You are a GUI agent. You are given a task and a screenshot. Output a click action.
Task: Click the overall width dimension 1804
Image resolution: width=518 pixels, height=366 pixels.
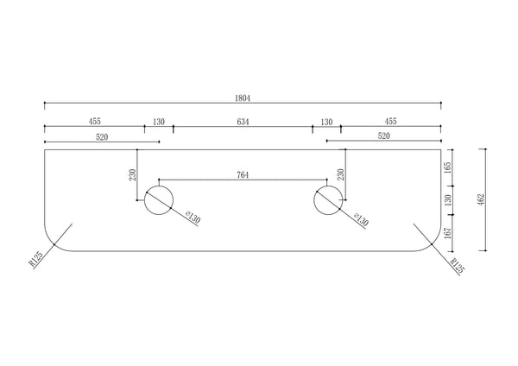pyautogui.click(x=243, y=98)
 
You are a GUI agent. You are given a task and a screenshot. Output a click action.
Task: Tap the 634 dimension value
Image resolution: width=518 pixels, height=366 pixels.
pyautogui.click(x=243, y=122)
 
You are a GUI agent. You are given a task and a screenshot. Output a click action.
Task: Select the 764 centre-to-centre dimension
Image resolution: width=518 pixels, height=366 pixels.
pyautogui.click(x=243, y=175)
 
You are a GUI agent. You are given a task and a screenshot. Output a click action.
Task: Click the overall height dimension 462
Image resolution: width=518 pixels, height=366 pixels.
pyautogui.click(x=481, y=199)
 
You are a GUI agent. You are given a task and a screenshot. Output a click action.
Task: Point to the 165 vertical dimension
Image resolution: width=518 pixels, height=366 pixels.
pyautogui.click(x=447, y=167)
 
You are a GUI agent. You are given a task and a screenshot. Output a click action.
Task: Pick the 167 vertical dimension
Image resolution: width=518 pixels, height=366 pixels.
pyautogui.click(x=447, y=233)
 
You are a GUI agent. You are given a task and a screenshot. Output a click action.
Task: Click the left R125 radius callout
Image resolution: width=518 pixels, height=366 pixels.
pyautogui.click(x=35, y=259)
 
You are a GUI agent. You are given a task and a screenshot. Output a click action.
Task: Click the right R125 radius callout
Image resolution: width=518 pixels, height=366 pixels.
pyautogui.click(x=458, y=266)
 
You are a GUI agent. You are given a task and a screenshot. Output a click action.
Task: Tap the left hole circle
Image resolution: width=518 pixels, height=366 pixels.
pyautogui.click(x=144, y=200)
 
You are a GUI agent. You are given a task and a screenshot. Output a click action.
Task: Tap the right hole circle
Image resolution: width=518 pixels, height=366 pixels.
pyautogui.click(x=313, y=200)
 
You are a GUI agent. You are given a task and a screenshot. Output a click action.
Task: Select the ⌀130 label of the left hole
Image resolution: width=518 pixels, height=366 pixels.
pyautogui.click(x=193, y=218)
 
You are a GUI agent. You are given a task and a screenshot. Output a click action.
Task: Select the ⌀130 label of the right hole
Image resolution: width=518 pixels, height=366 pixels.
pyautogui.click(x=361, y=219)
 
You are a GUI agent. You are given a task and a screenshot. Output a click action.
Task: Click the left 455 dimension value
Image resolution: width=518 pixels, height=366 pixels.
pyautogui.click(x=94, y=122)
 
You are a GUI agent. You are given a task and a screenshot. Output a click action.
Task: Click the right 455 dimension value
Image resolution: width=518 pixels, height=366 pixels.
pyautogui.click(x=390, y=122)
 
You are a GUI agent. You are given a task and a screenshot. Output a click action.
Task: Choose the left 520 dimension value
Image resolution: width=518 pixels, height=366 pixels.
pyautogui.click(x=102, y=137)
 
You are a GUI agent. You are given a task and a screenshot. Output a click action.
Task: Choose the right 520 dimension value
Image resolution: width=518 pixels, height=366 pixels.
pyautogui.click(x=384, y=136)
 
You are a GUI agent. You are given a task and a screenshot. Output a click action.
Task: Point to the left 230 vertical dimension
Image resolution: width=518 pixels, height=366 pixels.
pyautogui.click(x=132, y=174)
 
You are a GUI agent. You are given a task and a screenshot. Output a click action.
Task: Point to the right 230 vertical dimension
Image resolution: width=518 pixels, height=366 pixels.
pyautogui.click(x=341, y=174)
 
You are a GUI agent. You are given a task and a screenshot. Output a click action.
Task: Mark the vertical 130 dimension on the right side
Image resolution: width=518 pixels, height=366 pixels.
pyautogui.click(x=447, y=200)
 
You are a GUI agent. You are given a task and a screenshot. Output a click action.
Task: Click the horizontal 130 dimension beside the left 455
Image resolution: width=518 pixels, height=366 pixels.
pyautogui.click(x=159, y=122)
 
